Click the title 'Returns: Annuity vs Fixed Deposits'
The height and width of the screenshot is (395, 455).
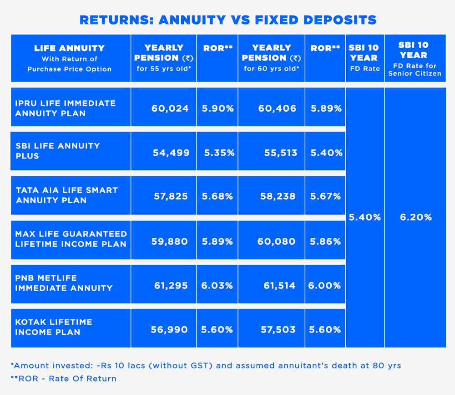click(227, 20)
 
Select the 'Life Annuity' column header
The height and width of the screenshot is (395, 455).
click(70, 58)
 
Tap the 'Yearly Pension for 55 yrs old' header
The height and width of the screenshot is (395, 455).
click(164, 58)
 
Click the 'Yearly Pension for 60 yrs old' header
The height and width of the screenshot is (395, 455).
click(272, 58)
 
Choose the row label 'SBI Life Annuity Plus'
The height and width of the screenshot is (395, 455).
click(57, 151)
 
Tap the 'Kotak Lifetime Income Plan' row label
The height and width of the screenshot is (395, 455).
click(54, 327)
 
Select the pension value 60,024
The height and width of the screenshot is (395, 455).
click(170, 108)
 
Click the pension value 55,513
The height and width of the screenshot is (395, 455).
click(281, 153)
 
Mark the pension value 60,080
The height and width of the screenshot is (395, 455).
click(276, 241)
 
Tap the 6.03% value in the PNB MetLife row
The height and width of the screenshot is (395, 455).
click(217, 286)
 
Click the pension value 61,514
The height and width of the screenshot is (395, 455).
click(279, 286)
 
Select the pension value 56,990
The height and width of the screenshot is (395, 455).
click(169, 329)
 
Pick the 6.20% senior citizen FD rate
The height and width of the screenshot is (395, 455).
click(415, 217)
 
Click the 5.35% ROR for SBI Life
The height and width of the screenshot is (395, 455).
click(219, 153)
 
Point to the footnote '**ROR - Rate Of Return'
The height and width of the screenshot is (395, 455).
click(63, 379)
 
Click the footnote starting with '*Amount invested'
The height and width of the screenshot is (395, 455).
click(205, 365)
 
